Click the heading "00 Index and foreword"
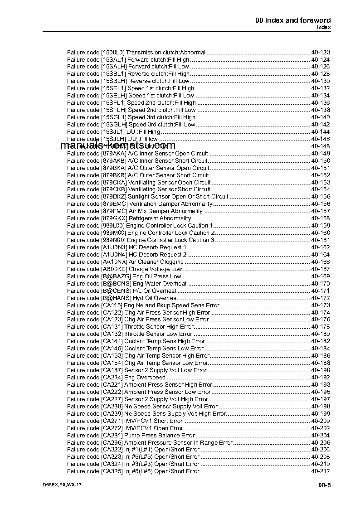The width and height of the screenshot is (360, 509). click(x=293, y=20)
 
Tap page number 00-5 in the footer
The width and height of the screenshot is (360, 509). click(x=324, y=485)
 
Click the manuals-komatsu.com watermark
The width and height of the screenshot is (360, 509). click(x=117, y=145)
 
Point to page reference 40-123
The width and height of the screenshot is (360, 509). click(x=321, y=52)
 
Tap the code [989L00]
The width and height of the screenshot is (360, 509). click(x=113, y=225)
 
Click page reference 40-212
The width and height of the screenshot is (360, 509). click(x=321, y=471)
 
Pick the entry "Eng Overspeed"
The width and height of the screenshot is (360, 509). click(x=145, y=377)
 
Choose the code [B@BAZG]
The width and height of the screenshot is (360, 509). click(x=116, y=276)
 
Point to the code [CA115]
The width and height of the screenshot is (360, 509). click(x=112, y=305)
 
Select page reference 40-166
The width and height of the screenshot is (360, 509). click(x=321, y=262)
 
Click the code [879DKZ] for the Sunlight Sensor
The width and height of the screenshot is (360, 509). click(x=113, y=196)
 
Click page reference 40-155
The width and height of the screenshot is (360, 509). click(x=321, y=196)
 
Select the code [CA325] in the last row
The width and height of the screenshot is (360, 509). click(x=112, y=471)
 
